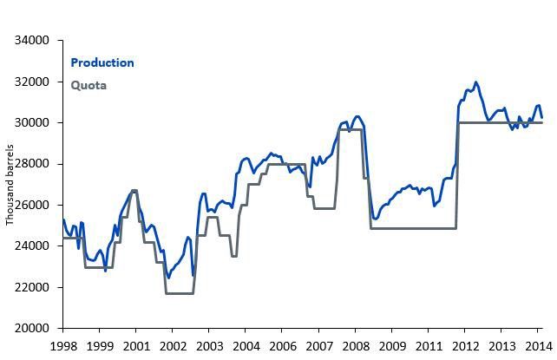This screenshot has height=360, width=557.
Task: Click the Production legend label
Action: pos(102,62)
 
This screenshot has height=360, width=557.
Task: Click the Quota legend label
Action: pos(88,85)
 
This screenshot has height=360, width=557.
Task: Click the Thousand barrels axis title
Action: pos(10,184)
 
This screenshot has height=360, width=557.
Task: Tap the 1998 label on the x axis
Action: pos(62,345)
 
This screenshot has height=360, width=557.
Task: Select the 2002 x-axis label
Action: pos(172,345)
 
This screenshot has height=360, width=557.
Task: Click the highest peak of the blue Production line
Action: pos(475,82)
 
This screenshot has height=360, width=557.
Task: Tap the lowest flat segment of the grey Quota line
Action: pos(179,293)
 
